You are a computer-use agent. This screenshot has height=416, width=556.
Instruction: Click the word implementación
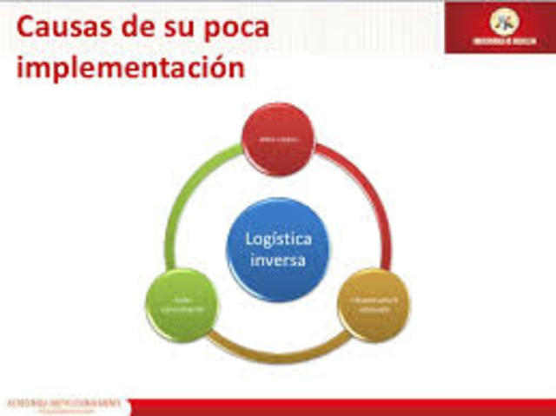coord(130,68)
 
